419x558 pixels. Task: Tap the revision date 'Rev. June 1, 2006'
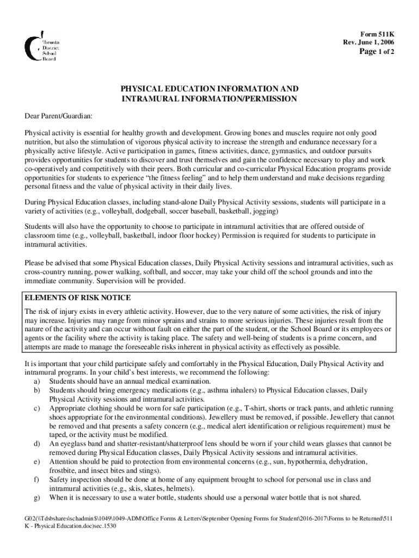tap(368, 42)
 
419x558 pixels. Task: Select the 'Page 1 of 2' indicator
tap(375, 52)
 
